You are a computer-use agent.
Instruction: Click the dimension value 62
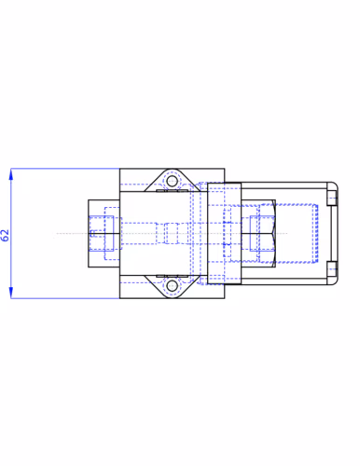pos(6,235)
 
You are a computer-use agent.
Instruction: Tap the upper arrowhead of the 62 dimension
pos(11,174)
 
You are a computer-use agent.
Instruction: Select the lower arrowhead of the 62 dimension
pos(11,293)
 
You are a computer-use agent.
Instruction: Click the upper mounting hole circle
pos(172,181)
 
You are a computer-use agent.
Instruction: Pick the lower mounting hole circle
pos(172,286)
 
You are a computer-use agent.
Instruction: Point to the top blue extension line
pos(65,169)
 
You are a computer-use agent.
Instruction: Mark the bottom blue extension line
pos(65,298)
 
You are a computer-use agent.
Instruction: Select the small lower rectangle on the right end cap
pos(332,268)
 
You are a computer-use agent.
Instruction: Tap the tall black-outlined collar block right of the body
pos(225,233)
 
